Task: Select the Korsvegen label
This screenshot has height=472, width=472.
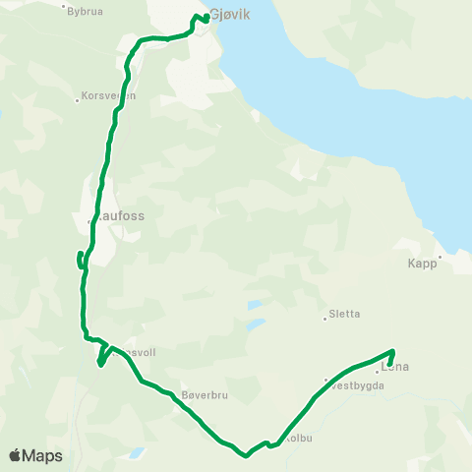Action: [x=109, y=96]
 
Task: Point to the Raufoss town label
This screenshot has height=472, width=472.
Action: [x=117, y=212]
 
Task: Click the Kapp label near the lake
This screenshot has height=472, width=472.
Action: [x=422, y=264]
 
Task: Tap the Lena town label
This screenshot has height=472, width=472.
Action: [x=395, y=368]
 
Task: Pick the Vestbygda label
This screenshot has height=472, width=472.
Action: [x=356, y=385]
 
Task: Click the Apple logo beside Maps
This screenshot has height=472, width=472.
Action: [x=15, y=456]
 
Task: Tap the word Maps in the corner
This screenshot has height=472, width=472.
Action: [x=42, y=456]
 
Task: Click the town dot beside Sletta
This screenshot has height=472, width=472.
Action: [x=325, y=317]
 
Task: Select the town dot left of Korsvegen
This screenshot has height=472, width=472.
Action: [x=77, y=99]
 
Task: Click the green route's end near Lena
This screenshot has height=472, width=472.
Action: [x=391, y=370]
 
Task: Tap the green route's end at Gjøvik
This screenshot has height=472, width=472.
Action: [x=206, y=18]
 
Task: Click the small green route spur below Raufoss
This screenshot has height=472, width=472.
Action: [x=78, y=260]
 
